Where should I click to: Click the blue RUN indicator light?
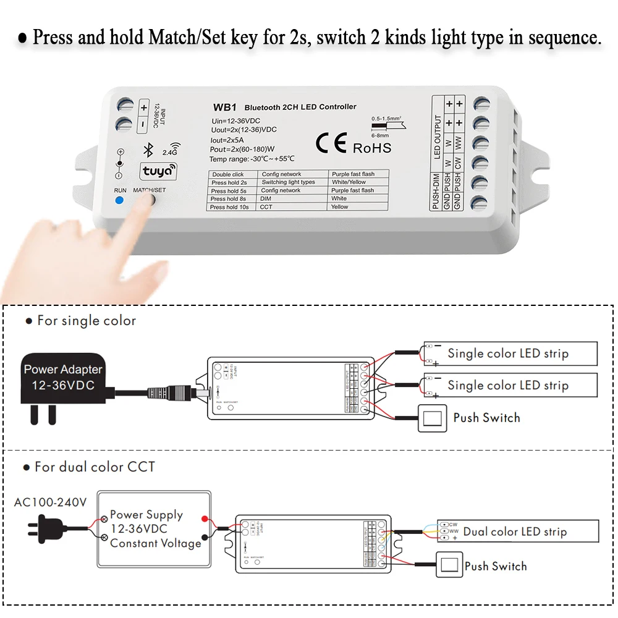tap(119, 200)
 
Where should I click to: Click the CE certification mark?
tap(331, 143)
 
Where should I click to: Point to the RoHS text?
tap(372, 148)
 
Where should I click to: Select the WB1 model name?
tap(222, 107)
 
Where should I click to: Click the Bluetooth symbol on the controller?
tap(148, 150)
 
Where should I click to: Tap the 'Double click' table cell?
tap(229, 174)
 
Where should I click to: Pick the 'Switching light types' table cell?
tap(288, 182)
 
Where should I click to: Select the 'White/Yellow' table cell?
tap(349, 182)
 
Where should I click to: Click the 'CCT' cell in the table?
tap(266, 207)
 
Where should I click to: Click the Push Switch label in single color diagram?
tap(486, 418)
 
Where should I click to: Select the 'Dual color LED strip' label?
tap(515, 531)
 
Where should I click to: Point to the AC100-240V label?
tap(50, 502)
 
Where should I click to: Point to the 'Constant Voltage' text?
tap(156, 543)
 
